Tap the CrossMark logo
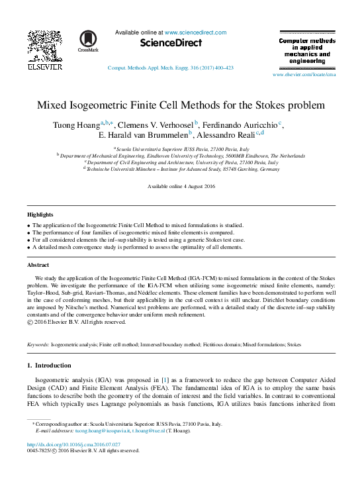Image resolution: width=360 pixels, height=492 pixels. point(88,41)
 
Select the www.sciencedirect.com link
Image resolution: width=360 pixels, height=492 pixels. point(195,32)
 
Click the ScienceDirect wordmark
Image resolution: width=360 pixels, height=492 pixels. point(171,43)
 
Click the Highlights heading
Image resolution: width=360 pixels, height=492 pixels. point(40,215)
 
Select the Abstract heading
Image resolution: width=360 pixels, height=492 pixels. point(38,265)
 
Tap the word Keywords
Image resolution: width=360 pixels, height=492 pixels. point(38,345)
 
